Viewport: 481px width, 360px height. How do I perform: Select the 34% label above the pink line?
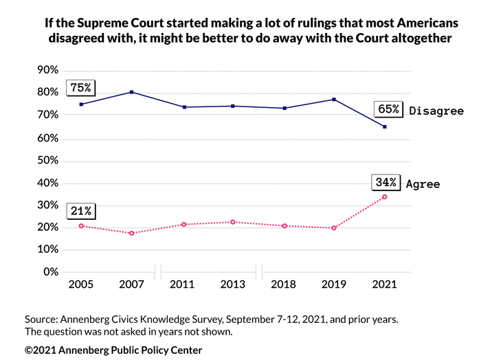click(x=385, y=182)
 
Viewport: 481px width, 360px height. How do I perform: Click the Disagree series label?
click(x=436, y=111)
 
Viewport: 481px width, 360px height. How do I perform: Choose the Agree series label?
click(x=423, y=184)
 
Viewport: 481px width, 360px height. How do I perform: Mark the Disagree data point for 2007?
click(x=131, y=92)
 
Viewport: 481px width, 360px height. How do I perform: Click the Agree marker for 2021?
click(x=385, y=197)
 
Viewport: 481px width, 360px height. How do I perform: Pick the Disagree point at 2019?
click(x=334, y=100)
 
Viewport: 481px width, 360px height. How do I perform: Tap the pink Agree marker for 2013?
click(x=233, y=222)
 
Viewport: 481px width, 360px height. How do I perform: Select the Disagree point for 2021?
click(x=385, y=126)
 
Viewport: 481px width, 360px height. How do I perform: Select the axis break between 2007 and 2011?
click(x=157, y=273)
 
